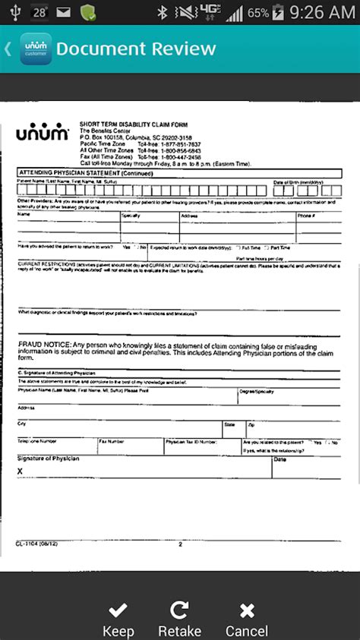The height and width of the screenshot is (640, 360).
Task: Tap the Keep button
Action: point(118,619)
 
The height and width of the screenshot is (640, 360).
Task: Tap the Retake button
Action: point(180,619)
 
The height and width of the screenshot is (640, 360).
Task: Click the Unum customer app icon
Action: point(34,49)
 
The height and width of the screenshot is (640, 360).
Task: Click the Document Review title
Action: point(136,49)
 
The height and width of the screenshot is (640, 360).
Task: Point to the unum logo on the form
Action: point(43,134)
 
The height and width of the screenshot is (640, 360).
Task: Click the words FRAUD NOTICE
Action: point(43,345)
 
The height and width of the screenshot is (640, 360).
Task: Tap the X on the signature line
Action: point(20,471)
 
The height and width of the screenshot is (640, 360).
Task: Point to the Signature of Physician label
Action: point(48,459)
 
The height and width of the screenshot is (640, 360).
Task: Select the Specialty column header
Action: point(131,216)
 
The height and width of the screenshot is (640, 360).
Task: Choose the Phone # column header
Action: point(306,216)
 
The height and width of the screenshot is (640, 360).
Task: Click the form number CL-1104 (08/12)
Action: point(33,544)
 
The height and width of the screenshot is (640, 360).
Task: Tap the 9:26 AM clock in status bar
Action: point(321,12)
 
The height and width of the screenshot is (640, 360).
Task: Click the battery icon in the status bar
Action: point(279,12)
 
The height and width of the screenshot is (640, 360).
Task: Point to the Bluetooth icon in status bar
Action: point(161,12)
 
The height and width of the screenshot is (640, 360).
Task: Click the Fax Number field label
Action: point(111,440)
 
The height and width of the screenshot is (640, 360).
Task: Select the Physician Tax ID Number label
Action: point(191,440)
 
